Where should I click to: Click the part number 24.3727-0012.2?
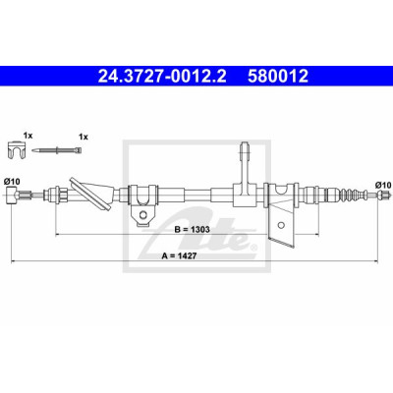point(162,76)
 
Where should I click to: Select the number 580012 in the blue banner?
point(278,76)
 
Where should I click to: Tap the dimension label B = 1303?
point(193,229)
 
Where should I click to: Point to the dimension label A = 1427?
point(179,256)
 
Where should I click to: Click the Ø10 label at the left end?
point(12,181)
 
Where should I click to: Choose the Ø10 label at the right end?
point(383,186)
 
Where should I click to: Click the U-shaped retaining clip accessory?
point(17,150)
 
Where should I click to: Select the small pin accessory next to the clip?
point(57,150)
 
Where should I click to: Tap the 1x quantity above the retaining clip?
point(28,136)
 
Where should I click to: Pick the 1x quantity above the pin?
point(84,138)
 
